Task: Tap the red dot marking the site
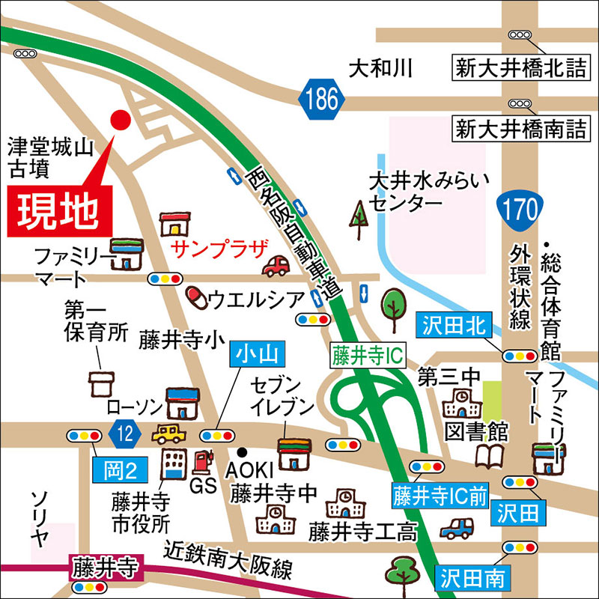tap(120, 118)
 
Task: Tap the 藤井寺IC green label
tap(366, 355)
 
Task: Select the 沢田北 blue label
tap(453, 326)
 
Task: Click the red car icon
tap(275, 265)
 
